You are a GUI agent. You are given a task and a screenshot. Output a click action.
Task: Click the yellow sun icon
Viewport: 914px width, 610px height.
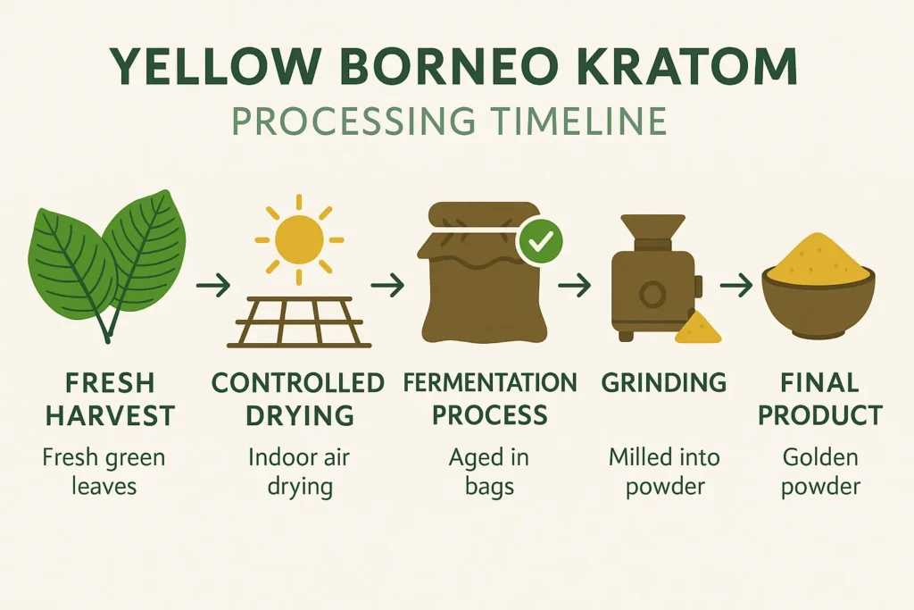coord(299,238)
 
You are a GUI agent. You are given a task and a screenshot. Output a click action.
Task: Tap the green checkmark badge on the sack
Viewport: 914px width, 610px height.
coord(539,239)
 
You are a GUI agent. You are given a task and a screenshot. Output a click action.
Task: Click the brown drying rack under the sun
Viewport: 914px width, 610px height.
coord(299,322)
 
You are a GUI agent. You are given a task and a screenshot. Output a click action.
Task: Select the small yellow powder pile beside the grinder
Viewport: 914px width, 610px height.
coord(699,330)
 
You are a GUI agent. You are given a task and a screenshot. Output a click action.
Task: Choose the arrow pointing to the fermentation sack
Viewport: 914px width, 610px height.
coord(387,286)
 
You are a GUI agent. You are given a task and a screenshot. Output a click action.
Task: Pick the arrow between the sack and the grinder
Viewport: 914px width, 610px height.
coord(575,286)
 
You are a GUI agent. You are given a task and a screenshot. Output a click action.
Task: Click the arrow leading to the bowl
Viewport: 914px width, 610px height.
coord(736,286)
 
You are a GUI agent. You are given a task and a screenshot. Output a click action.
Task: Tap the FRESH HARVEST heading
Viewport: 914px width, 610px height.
coord(111,399)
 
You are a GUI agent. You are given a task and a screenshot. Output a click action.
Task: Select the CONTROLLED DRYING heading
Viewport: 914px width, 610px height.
coord(299,399)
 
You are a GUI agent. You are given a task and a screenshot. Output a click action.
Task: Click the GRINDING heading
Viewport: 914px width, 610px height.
coord(662,384)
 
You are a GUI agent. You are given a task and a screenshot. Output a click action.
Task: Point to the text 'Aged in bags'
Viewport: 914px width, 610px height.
coord(489,472)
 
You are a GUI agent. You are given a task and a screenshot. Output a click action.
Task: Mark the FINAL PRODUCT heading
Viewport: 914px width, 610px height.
coord(819,399)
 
